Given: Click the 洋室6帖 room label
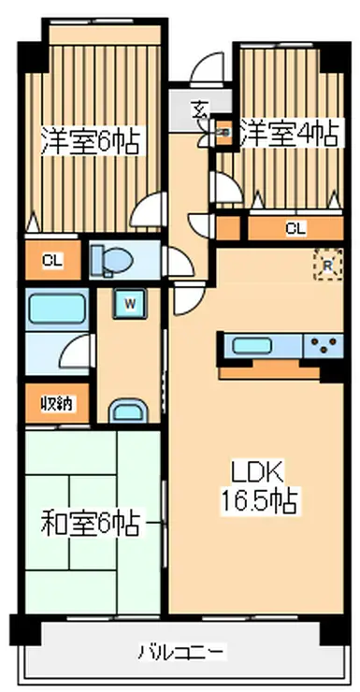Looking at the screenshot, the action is [90, 139].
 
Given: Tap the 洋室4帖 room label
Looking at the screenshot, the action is [290, 133].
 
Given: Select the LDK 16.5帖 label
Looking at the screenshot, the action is [258, 488].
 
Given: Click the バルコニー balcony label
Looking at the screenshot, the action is [181, 651].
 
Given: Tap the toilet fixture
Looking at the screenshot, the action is [112, 260].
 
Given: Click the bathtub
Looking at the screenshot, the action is [56, 309].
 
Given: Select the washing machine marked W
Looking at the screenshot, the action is [129, 303].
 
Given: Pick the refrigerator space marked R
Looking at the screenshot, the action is [328, 265].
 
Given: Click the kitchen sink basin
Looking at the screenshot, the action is [251, 346].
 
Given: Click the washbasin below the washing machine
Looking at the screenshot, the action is [128, 411].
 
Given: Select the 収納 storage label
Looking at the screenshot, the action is [58, 403].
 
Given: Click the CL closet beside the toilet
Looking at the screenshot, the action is [53, 260].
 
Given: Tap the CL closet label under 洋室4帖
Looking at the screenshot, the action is [295, 228].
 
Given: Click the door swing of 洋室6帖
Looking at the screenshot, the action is [147, 209].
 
